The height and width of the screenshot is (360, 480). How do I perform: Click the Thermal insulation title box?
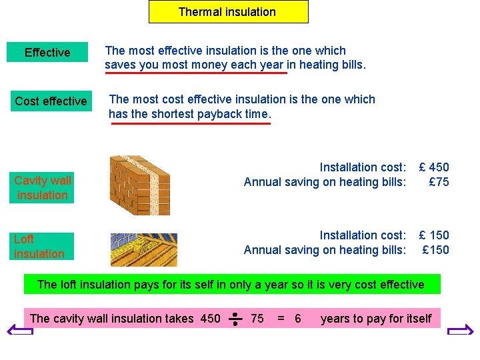pos(228,12)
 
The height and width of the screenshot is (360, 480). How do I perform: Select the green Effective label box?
pos(47,53)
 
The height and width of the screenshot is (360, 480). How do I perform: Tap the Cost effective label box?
pos(51,101)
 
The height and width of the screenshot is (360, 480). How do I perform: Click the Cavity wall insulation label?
pos(43,188)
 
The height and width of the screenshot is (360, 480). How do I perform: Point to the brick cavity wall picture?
pos(139,185)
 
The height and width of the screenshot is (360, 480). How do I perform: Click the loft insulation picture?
pos(144,249)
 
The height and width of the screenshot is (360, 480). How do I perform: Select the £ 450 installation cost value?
pos(433,167)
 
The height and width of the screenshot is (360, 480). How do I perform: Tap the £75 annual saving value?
pos(439,182)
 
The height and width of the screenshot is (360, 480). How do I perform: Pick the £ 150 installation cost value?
pos(433,235)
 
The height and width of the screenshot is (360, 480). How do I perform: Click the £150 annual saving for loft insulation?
pos(436,250)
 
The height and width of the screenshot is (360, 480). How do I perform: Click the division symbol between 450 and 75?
pos(235,319)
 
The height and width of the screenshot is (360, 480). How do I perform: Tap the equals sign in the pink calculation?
pos(281,319)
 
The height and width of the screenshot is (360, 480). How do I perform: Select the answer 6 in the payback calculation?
pos(297,319)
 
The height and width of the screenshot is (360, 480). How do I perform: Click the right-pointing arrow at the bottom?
pos(460,331)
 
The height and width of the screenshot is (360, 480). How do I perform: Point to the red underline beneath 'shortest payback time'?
pos(191,123)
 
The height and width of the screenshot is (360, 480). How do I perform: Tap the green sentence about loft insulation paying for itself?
pos(231,285)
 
